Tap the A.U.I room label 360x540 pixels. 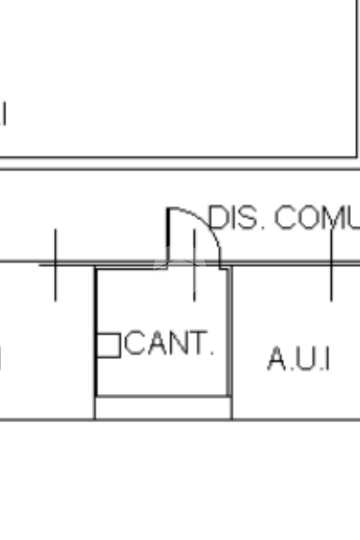(x=298, y=359)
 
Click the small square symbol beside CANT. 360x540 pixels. (x=109, y=345)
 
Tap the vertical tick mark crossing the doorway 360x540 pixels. (x=194, y=266)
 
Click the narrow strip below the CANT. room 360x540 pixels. (x=163, y=408)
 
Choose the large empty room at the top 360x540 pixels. (x=179, y=79)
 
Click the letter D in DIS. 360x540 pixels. (x=218, y=218)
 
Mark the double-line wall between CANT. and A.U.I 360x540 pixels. (x=229, y=332)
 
